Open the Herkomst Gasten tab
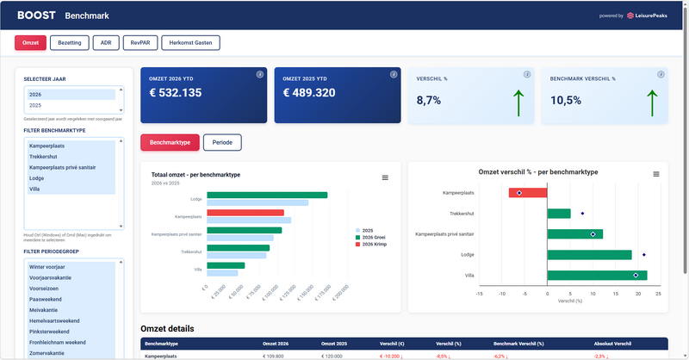pyautogui.click(x=190, y=42)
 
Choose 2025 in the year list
pyautogui.click(x=35, y=105)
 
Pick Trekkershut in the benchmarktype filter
pyautogui.click(x=43, y=157)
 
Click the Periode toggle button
pyautogui.click(x=222, y=142)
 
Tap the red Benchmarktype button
pyautogui.click(x=171, y=142)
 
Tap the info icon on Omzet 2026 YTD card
pyautogui.click(x=260, y=74)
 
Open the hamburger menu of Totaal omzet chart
pyautogui.click(x=385, y=177)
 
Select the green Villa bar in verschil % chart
pyautogui.click(x=597, y=275)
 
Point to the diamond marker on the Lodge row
pyautogui.click(x=644, y=255)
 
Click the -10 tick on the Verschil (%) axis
pyautogui.click(x=502, y=294)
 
